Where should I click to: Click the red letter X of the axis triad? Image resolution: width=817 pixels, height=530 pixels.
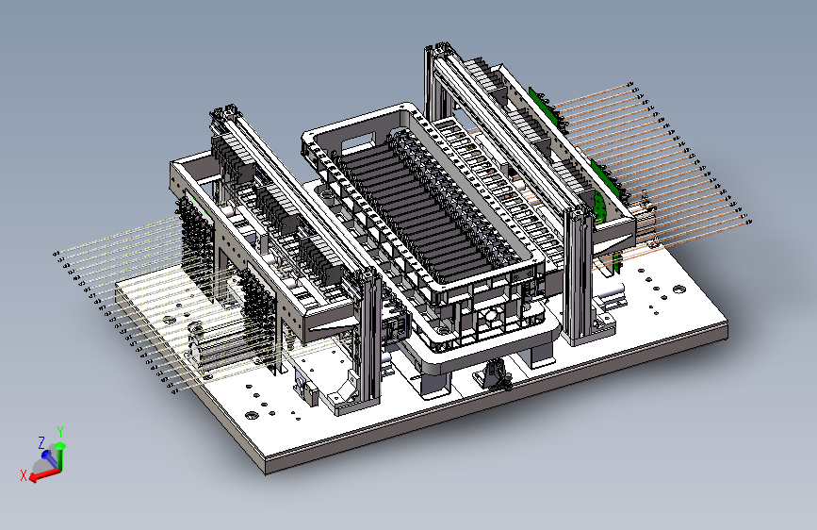(x=23, y=475)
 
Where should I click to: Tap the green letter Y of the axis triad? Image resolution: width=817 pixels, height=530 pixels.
(x=60, y=432)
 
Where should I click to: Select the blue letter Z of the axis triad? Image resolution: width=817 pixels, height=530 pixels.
(x=41, y=443)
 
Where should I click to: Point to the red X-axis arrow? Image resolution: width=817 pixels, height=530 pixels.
(x=45, y=474)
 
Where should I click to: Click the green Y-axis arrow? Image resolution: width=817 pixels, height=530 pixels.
(x=60, y=457)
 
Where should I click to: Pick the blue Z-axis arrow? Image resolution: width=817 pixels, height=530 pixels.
(x=50, y=458)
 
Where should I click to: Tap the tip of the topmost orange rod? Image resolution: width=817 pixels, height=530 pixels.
(x=631, y=84)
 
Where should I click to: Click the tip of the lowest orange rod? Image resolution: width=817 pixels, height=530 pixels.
(x=749, y=223)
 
